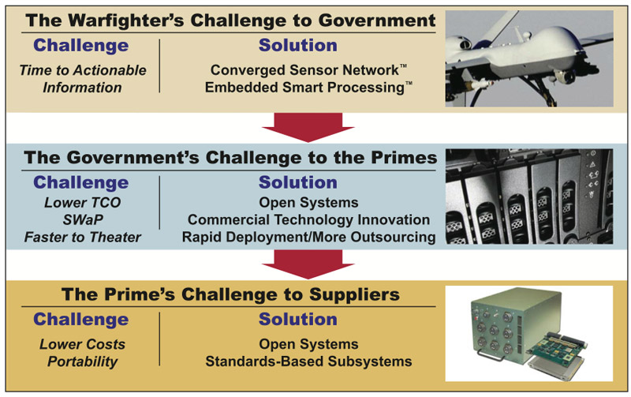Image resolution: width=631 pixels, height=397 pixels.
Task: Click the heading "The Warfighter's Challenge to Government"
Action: click(230, 21)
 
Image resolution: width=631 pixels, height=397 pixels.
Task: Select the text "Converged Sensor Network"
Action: click(304, 70)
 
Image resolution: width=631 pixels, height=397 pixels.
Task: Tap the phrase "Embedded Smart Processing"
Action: click(304, 88)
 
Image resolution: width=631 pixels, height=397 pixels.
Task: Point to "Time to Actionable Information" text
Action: click(83, 79)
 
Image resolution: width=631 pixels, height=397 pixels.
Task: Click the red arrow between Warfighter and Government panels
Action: click(308, 127)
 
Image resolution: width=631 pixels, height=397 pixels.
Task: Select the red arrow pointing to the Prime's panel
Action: click(308, 264)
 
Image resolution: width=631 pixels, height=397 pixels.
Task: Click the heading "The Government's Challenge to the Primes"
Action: click(230, 157)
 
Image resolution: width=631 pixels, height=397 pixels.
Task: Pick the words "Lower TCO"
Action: click(83, 203)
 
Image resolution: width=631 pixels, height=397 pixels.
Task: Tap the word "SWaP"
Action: click(83, 220)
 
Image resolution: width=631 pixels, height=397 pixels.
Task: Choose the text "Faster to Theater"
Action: click(83, 237)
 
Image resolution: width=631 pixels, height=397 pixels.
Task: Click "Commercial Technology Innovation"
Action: click(308, 220)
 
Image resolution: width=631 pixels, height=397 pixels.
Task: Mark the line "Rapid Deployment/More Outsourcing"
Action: click(308, 237)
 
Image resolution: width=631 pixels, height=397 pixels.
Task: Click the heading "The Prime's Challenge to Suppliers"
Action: click(230, 294)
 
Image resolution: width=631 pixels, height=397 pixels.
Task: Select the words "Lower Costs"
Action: click(83, 344)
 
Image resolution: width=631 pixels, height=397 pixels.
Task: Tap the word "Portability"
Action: click(83, 361)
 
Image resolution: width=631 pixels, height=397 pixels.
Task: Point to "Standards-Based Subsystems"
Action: click(308, 361)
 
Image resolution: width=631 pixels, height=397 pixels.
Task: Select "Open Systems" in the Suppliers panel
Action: click(308, 344)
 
